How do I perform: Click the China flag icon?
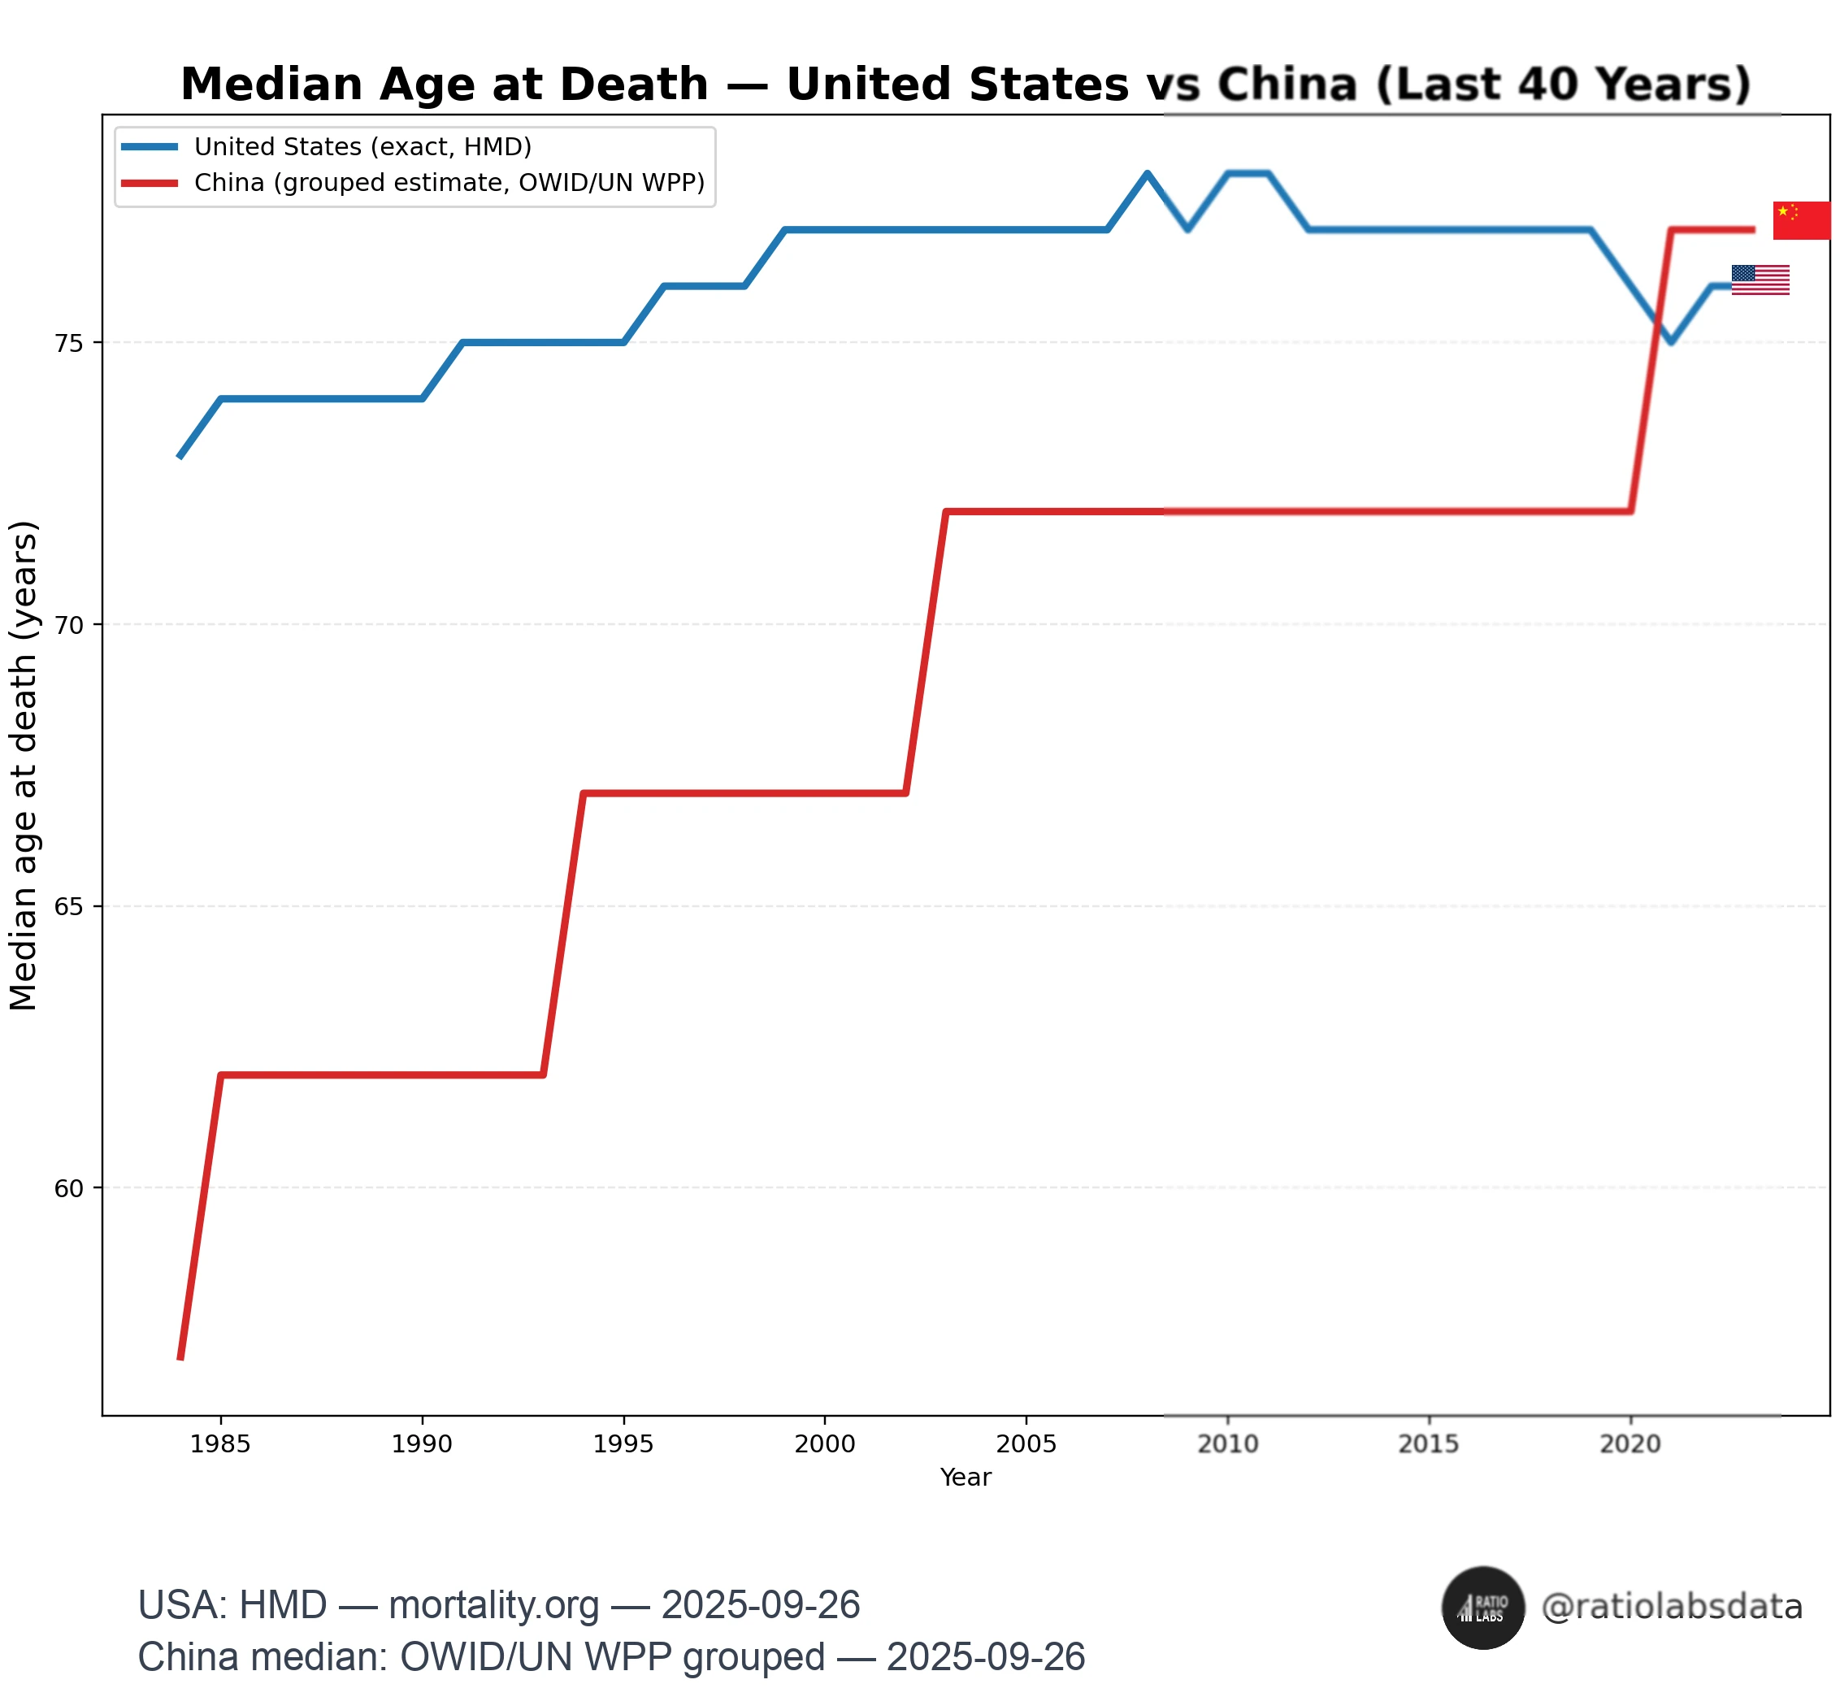pos(1800,220)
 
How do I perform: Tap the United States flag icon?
pos(1760,280)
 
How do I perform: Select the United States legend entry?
pos(362,147)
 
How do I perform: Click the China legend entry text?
pos(449,183)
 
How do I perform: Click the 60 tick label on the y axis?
pos(69,1188)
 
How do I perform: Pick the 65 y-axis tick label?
pos(69,906)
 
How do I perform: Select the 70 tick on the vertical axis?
pos(69,625)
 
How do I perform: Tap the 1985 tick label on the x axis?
pos(220,1444)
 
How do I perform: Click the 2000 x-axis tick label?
pos(825,1444)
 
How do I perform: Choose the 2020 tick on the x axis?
pos(1630,1444)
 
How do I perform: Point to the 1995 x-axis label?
pos(623,1444)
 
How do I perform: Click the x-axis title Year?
pos(965,1478)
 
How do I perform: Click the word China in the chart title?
pos(1287,85)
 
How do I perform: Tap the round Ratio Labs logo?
pos(1483,1608)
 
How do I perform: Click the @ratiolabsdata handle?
pos(1672,1607)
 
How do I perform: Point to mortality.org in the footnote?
pos(494,1605)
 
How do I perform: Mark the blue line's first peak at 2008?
pos(1147,172)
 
